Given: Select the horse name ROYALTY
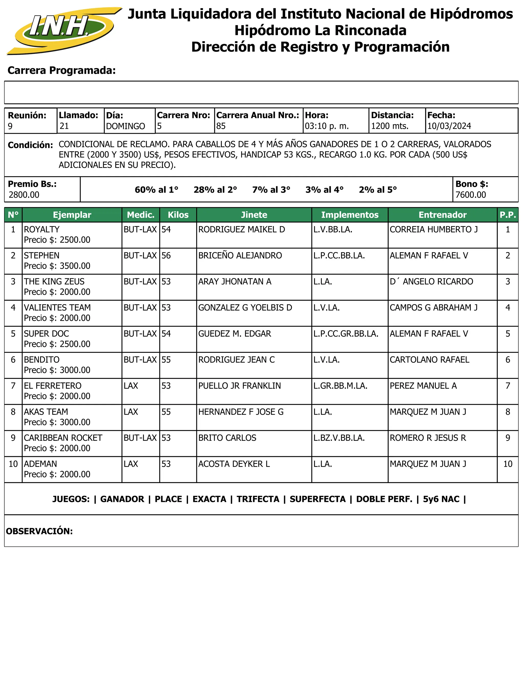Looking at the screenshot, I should coord(42,229).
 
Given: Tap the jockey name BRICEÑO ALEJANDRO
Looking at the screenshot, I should coord(240,256).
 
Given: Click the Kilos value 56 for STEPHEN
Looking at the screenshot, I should coord(166,256).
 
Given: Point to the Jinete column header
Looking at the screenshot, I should coord(254,215).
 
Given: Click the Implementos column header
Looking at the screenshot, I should coord(350,215).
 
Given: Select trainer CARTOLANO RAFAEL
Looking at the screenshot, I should coord(429,359).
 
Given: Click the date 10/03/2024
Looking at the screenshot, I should coord(449,126).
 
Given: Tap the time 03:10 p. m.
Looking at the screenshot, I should coord(326,126).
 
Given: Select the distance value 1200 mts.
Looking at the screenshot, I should coord(390,126).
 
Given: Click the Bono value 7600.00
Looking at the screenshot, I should coord(470,195).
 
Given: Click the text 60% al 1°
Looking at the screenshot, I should coord(156,190).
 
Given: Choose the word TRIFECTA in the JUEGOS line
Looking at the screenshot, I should coord(258,499).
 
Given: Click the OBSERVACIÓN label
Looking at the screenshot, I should coord(39,531).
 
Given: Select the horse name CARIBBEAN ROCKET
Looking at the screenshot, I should coord(63,438).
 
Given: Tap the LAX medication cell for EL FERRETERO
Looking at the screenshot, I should coord(131,386).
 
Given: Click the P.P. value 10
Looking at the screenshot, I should coord(508,464).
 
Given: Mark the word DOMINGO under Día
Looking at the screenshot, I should coord(125,126).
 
